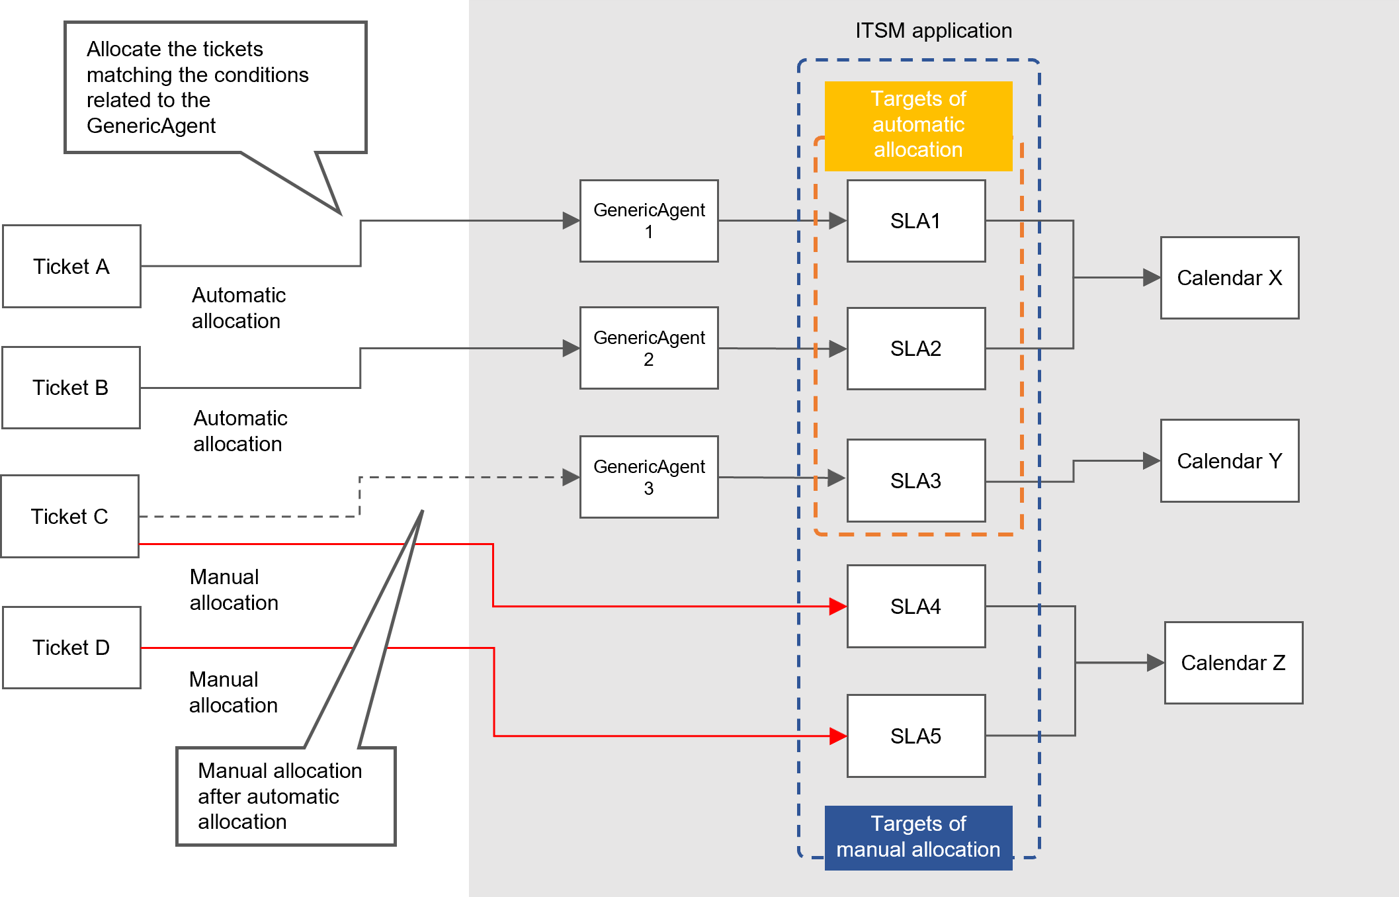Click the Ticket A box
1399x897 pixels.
[x=71, y=267]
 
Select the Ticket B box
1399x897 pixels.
[x=71, y=388]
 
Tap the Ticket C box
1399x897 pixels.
[x=69, y=517]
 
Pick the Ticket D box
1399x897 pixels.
[x=71, y=648]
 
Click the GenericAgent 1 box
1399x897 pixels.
[x=649, y=221]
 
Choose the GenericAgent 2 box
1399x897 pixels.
[x=649, y=348]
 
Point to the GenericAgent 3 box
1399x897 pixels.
[x=649, y=477]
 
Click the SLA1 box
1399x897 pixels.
[x=916, y=221]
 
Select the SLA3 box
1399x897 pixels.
[x=916, y=481]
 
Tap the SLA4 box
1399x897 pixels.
[x=916, y=606]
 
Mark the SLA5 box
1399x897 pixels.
[x=916, y=736]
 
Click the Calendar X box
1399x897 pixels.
[x=1230, y=278]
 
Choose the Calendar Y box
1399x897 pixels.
[x=1230, y=461]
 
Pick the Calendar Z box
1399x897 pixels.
[x=1234, y=663]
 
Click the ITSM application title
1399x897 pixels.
[x=933, y=30]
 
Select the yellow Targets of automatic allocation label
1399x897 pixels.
[x=918, y=124]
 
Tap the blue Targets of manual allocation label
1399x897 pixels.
[x=918, y=837]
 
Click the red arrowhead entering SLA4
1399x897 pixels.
[x=838, y=606]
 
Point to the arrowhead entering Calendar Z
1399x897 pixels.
[x=1155, y=663]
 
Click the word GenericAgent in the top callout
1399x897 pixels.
[x=151, y=126]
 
